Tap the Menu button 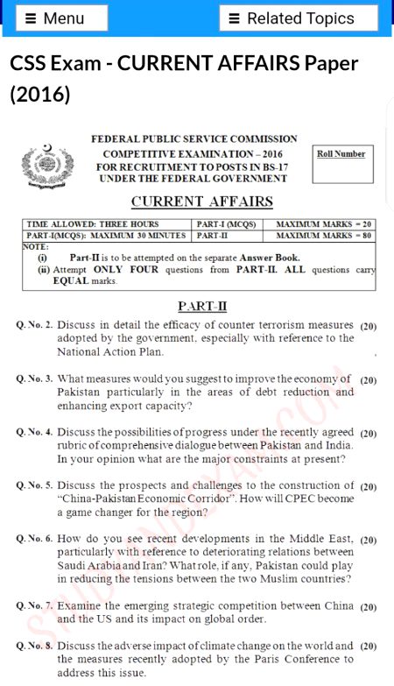coord(61,18)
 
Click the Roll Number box coord(341,166)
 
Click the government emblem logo coord(49,162)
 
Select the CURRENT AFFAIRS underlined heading coord(201,202)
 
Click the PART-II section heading coord(202,306)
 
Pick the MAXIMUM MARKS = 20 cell coord(325,224)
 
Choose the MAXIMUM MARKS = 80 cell coord(325,236)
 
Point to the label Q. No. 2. coord(35,325)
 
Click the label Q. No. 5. coord(35,485)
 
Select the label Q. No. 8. coord(35,646)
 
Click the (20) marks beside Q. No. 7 coord(368,606)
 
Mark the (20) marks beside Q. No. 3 coord(368,380)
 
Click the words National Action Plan coord(110,351)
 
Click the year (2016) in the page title coord(40,94)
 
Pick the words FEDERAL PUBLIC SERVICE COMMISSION coord(194,138)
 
